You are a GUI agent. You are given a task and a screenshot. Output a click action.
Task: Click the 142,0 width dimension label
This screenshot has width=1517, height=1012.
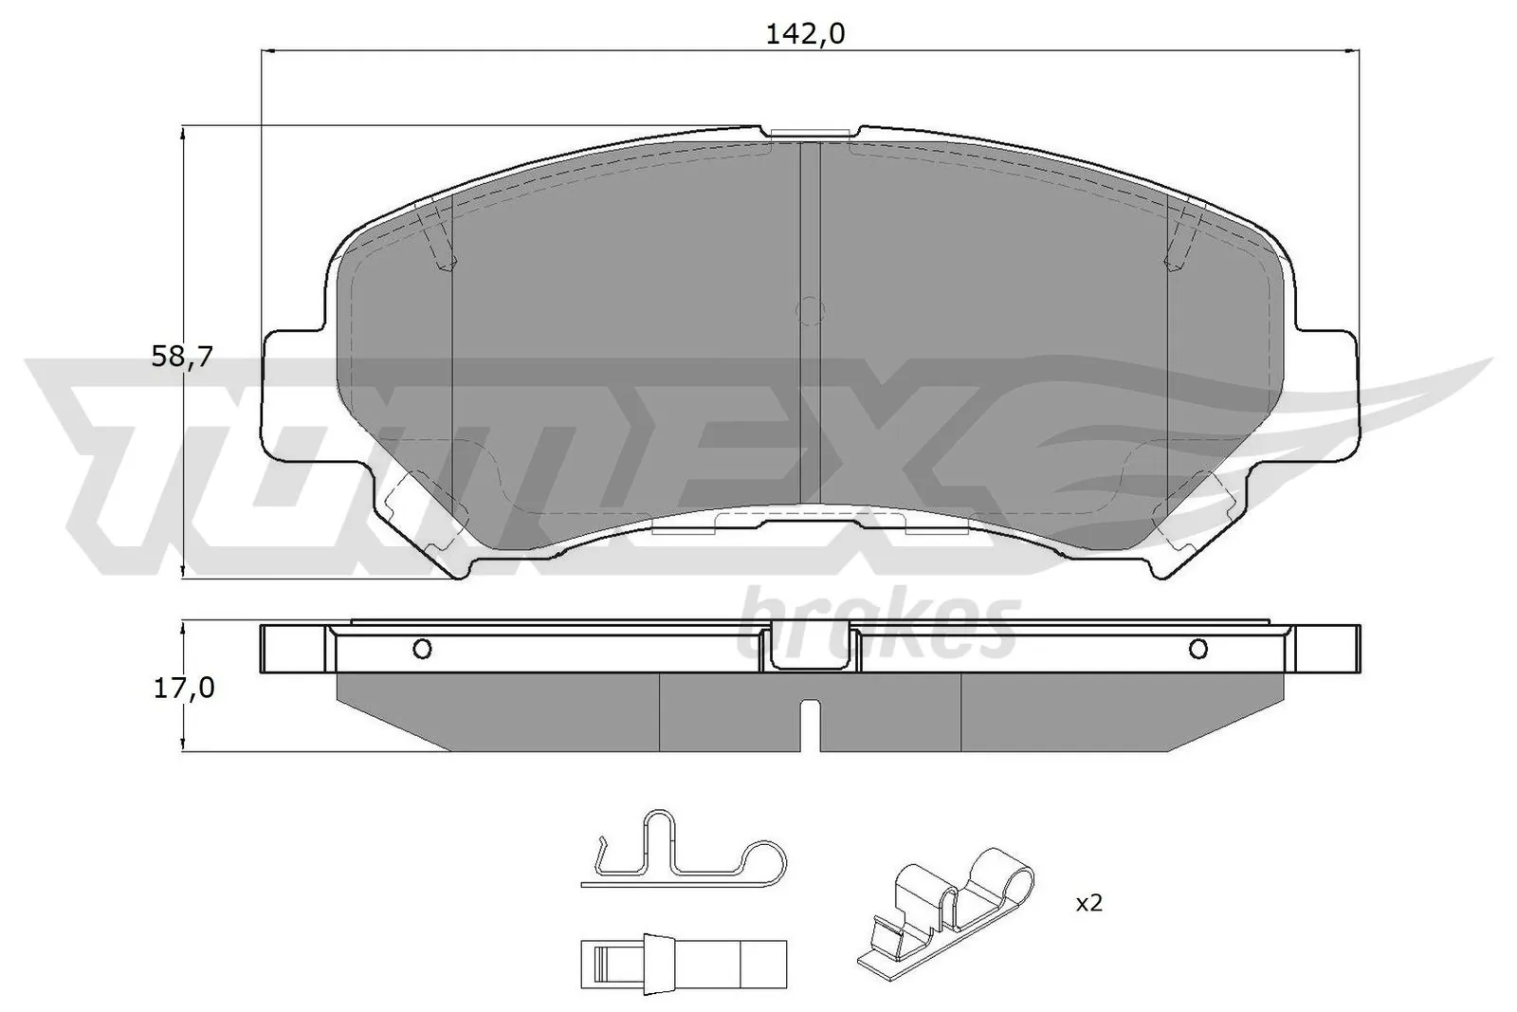coord(805,34)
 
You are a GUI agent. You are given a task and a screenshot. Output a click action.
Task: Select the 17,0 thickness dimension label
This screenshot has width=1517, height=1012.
coord(182,688)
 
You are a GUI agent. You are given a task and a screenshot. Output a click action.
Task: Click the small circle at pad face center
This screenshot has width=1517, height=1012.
coord(809,310)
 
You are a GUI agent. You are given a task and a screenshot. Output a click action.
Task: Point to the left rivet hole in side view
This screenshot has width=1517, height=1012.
coord(423,649)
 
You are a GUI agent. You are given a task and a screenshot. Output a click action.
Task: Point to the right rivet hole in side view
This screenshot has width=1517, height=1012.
coord(1197,649)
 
